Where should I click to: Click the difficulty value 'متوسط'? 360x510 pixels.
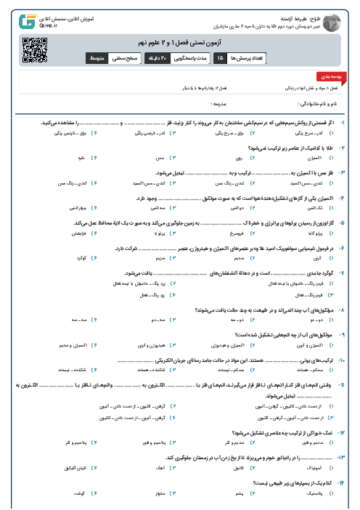[x=97, y=57]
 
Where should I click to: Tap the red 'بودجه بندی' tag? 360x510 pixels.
[x=326, y=76]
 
